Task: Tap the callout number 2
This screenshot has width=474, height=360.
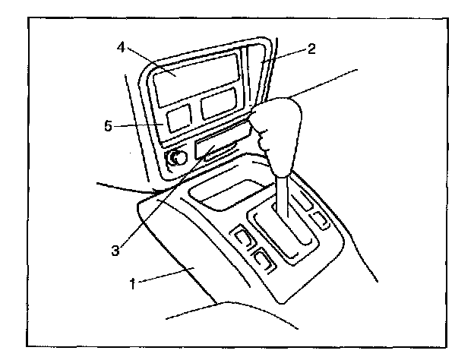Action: click(x=312, y=49)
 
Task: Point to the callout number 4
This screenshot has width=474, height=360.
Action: click(x=122, y=46)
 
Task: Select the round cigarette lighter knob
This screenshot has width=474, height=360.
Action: click(x=176, y=159)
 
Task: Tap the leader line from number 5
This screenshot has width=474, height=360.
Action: click(x=141, y=124)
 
